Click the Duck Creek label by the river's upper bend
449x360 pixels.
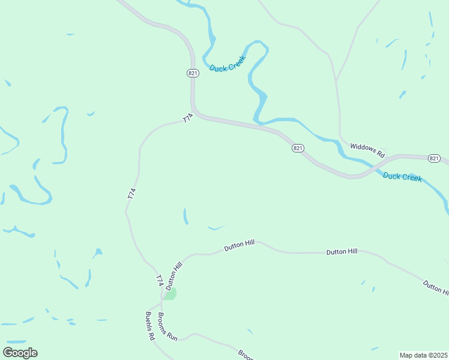click(228, 67)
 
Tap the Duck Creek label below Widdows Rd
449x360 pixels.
click(402, 177)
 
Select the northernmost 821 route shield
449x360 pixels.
click(193, 73)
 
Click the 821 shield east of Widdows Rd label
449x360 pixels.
click(435, 158)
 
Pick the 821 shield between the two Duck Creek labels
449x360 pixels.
click(298, 148)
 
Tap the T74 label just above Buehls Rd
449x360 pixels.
click(160, 280)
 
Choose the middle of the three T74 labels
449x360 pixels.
click(132, 194)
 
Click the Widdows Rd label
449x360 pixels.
click(367, 149)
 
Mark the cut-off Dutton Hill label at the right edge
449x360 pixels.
click(436, 287)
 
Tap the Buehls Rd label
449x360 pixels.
click(150, 326)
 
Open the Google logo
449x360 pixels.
click(20, 352)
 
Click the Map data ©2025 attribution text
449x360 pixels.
click(424, 355)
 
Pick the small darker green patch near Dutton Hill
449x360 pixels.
click(170, 293)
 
